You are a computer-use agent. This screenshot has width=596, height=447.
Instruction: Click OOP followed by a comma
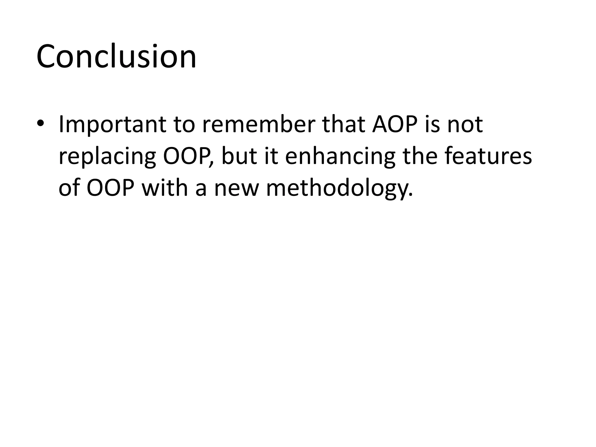pyautogui.click(x=188, y=156)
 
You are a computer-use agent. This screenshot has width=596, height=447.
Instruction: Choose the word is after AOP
pyautogui.click(x=433, y=125)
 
